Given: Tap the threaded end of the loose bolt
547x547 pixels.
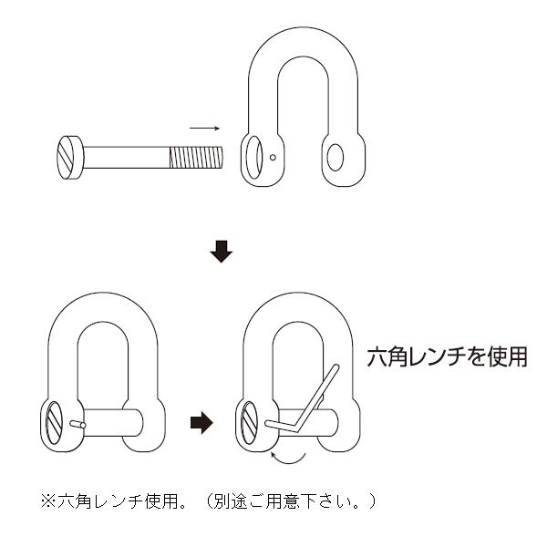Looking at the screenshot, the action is pos(195,157).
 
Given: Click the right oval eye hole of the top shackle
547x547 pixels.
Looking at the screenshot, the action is pos(334,156).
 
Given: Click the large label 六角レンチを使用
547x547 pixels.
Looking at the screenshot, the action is pos(447,356).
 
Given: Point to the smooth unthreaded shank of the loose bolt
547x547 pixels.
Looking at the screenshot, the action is pos(128,157).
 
